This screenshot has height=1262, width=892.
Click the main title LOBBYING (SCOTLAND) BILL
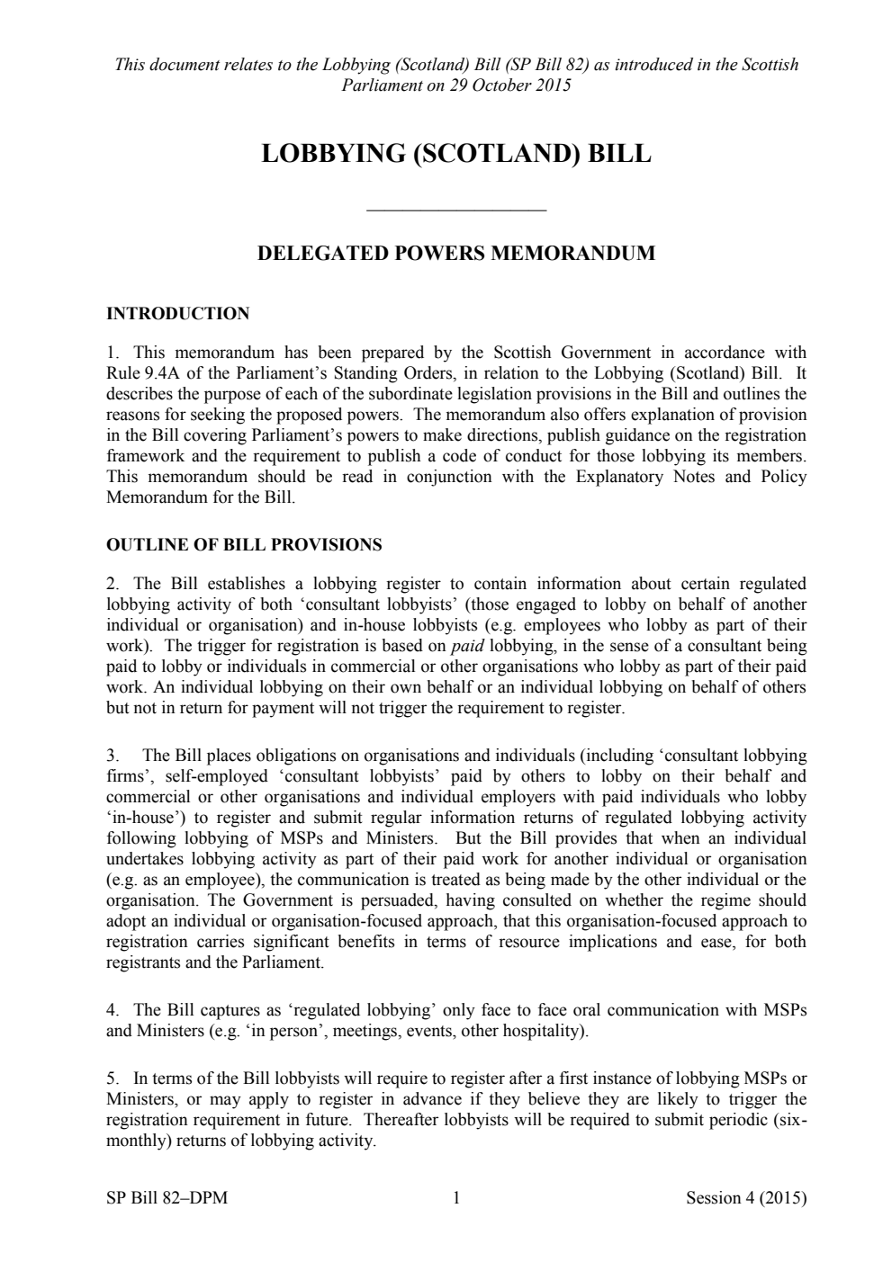pyautogui.click(x=455, y=153)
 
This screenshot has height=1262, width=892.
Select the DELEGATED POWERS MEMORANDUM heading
pyautogui.click(x=456, y=253)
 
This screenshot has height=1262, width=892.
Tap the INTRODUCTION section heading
pyautogui.click(x=178, y=314)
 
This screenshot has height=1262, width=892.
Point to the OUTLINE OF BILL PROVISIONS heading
pyautogui.click(x=244, y=545)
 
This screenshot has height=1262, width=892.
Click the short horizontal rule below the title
pyautogui.click(x=457, y=210)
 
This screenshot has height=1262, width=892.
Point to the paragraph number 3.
pyautogui.click(x=112, y=756)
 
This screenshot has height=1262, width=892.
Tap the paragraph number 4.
pyautogui.click(x=112, y=1010)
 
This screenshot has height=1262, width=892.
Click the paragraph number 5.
pyautogui.click(x=112, y=1079)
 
